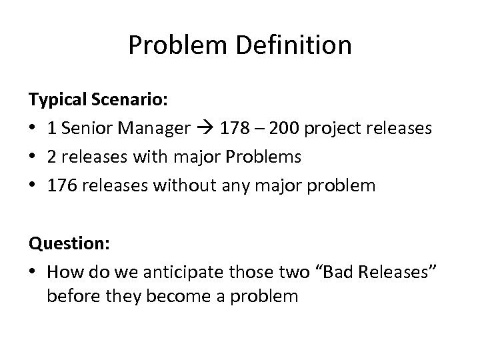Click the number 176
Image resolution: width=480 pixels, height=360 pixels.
pos(61,184)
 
